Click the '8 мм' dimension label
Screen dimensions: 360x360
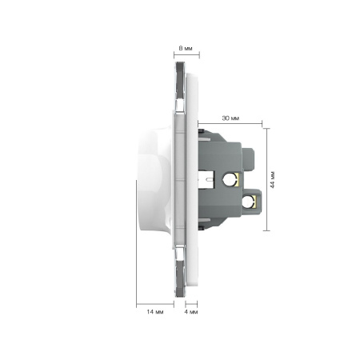(186, 48)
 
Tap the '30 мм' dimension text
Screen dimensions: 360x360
(230, 118)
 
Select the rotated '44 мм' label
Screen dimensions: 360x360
(272, 180)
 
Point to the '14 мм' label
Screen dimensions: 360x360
(155, 312)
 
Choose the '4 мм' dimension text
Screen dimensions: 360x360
(191, 312)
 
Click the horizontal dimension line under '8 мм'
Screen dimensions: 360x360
(186, 55)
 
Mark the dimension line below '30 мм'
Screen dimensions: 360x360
(230, 123)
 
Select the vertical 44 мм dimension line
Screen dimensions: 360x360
(266, 179)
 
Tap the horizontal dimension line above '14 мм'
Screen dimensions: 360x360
(155, 304)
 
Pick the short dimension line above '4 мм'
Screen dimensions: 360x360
(191, 304)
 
